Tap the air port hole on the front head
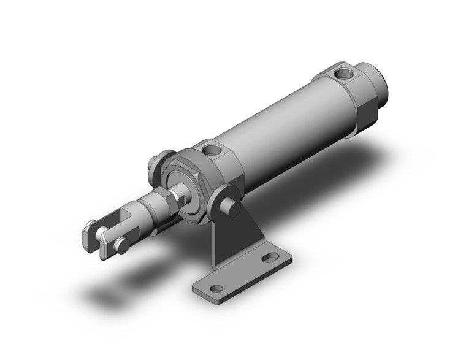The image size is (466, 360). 212,149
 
